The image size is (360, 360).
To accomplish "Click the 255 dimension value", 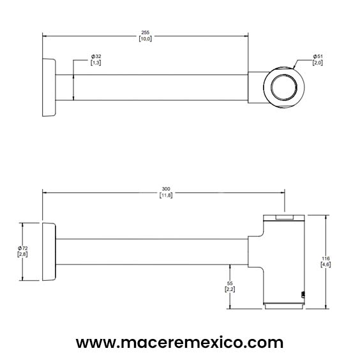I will [x=146, y=31].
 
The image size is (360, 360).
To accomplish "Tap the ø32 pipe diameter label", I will [x=96, y=56].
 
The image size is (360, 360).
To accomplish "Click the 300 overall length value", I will [x=166, y=189].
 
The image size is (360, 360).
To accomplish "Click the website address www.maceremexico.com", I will [x=179, y=342].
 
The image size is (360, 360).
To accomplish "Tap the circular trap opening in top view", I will [x=281, y=87].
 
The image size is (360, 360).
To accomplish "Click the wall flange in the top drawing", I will [x=49, y=87].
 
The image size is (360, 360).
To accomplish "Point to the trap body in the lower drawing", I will [x=284, y=262].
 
